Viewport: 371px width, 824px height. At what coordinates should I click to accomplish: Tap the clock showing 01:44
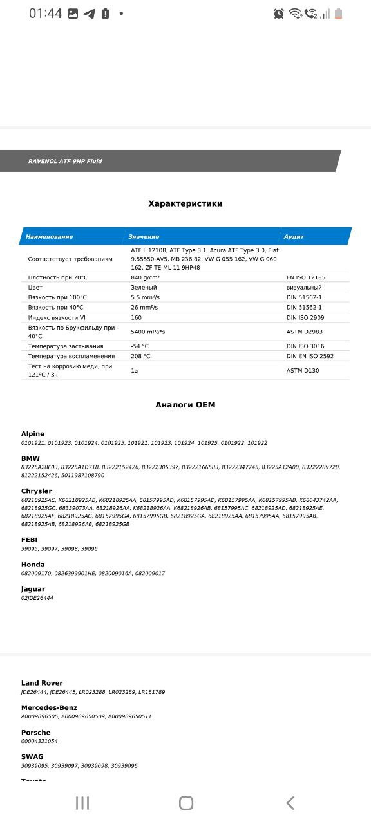coord(45,14)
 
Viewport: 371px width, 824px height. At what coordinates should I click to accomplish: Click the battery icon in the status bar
coord(339,14)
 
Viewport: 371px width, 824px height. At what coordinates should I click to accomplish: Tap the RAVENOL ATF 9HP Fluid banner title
coord(65,161)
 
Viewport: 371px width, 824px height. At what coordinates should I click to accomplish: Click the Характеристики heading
coord(185,203)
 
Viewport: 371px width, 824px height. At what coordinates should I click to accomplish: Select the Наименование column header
coord(49,237)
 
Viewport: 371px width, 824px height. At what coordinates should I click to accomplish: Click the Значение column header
coord(144,237)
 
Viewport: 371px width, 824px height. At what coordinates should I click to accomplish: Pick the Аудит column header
coord(294,237)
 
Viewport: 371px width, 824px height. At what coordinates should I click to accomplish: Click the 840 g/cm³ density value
coord(146,277)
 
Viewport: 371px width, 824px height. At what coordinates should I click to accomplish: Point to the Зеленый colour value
coord(144,288)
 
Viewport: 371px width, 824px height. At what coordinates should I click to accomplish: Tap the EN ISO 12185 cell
coord(306,277)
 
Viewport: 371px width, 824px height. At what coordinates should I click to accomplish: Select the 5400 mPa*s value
coord(148,332)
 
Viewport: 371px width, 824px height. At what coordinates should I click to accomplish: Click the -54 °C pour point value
coord(140,346)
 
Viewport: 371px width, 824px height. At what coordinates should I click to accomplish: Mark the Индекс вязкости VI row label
coord(57,317)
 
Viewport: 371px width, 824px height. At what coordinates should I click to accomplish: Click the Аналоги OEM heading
coord(185,405)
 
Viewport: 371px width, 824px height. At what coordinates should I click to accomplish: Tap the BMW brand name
coord(30,458)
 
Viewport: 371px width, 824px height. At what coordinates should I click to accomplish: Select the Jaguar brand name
coord(33,589)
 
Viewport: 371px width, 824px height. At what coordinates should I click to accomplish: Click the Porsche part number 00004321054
coord(39,741)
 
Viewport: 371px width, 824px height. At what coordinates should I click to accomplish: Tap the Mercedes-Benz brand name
coord(49,707)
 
